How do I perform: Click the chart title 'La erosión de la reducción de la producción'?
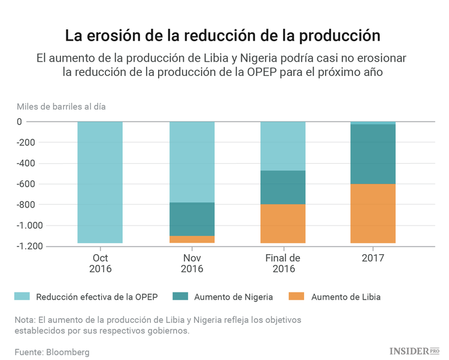pos(223,35)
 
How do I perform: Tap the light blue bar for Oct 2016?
pos(100,182)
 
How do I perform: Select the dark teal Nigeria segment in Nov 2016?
pos(192,219)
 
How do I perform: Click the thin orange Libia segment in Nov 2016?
pos(192,239)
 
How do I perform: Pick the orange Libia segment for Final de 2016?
pos(283,224)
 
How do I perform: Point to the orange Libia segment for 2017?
pos(373,213)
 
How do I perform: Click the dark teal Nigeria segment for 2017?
pos(373,154)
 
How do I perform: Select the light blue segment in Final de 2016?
pos(283,146)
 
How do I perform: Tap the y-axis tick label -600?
pos(28,184)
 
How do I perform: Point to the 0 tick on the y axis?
pos(36,122)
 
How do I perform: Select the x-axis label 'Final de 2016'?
pos(283,263)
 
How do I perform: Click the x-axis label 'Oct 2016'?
pos(100,263)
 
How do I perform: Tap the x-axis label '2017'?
pos(373,258)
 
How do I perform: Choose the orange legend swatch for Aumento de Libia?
pos(297,297)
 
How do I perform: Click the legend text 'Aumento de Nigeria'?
pos(233,297)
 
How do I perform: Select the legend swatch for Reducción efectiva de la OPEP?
pos(22,297)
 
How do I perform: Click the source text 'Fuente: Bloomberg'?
pos(52,352)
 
